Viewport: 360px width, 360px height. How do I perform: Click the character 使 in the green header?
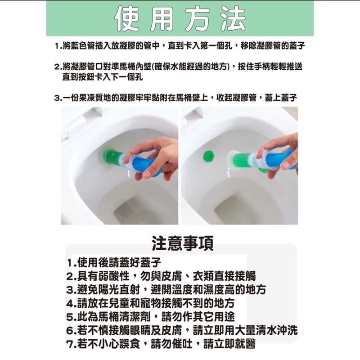coord(127,18)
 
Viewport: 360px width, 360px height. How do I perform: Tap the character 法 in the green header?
coord(233,18)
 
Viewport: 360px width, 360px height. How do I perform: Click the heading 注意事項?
coord(183,243)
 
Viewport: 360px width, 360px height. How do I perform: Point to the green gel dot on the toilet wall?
coord(209,156)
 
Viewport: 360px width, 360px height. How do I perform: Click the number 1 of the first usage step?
coord(57,46)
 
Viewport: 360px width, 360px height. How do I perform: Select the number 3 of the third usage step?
coord(57,98)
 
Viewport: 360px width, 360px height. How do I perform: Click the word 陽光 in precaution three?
coord(108,290)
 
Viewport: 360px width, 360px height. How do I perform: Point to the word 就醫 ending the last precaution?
coord(245,344)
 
